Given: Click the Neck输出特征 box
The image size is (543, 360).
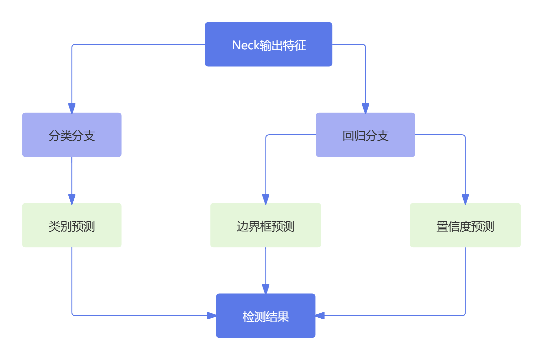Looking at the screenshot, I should coord(268,44).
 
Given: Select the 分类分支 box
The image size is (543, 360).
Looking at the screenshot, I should coord(72,135).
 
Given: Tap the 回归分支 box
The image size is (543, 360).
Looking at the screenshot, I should coord(365,135).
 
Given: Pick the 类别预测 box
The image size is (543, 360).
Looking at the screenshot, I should coord(72,225).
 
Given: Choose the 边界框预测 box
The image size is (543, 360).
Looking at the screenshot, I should coord(265,225).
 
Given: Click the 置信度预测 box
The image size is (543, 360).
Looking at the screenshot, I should coord(465,225).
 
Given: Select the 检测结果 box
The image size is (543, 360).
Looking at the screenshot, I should coord(265,315).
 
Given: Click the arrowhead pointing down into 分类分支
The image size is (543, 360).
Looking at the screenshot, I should coord(72,108).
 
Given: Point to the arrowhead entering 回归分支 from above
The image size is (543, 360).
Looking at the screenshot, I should coord(366,108).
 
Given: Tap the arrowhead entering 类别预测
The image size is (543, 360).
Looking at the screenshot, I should coord(72,199).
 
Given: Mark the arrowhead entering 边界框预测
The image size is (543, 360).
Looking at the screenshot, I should coord(265,199).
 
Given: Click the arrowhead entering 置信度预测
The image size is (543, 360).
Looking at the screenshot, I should coord(465,199).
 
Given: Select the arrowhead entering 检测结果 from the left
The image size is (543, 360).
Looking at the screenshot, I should coord(211,315).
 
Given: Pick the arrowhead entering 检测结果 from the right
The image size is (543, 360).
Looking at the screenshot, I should coord(320,315).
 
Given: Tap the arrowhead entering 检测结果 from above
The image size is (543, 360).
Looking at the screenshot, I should coord(265,289).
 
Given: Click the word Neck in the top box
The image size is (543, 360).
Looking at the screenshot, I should coord(245,45).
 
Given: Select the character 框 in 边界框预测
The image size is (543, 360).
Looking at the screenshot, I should coord(265,226).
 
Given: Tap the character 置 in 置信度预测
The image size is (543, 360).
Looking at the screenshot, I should coord(442,226).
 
